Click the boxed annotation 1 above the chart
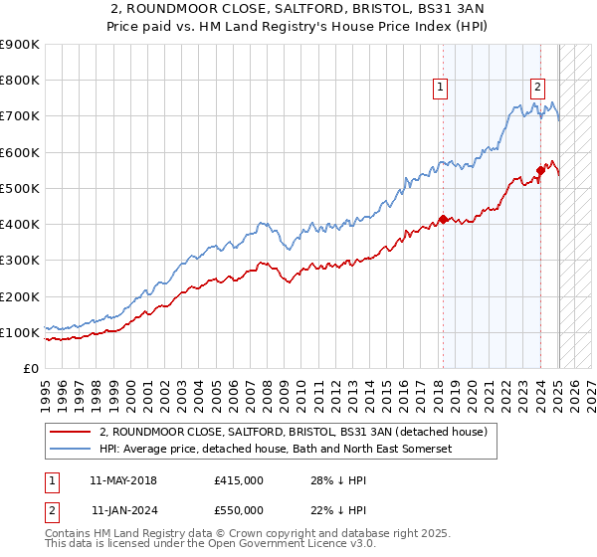click(441, 88)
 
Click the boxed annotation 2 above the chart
click(537, 88)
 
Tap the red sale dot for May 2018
click(442, 219)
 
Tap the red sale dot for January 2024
click(539, 170)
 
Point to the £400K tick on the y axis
click(20, 224)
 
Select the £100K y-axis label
click(20, 332)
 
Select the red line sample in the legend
click(71, 432)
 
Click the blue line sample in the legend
click(71, 450)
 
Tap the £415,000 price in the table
click(238, 480)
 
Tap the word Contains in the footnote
click(70, 535)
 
